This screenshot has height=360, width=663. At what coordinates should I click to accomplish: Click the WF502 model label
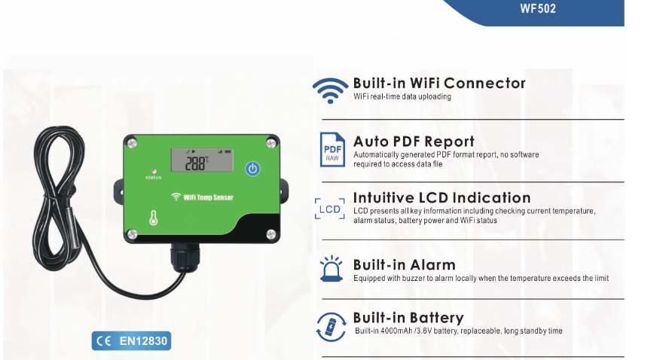click(538, 10)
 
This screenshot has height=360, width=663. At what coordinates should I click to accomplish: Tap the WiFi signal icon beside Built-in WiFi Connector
click(330, 89)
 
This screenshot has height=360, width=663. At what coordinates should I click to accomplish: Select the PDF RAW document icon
click(331, 149)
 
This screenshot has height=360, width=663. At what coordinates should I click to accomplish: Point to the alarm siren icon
click(331, 269)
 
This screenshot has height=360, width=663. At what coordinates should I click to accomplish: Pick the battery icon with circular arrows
click(331, 326)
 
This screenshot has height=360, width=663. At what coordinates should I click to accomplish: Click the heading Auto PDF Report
click(414, 141)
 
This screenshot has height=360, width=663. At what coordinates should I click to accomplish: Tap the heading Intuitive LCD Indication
click(441, 198)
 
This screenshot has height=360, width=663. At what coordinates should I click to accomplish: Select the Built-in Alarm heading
click(404, 264)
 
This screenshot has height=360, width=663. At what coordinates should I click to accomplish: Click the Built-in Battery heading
click(408, 318)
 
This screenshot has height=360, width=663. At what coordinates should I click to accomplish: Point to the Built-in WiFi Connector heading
click(439, 83)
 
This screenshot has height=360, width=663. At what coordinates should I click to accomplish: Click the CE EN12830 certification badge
click(132, 341)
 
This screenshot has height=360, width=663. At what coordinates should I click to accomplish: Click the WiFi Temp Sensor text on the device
click(208, 197)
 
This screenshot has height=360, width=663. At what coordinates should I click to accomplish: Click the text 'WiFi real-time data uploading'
click(402, 97)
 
